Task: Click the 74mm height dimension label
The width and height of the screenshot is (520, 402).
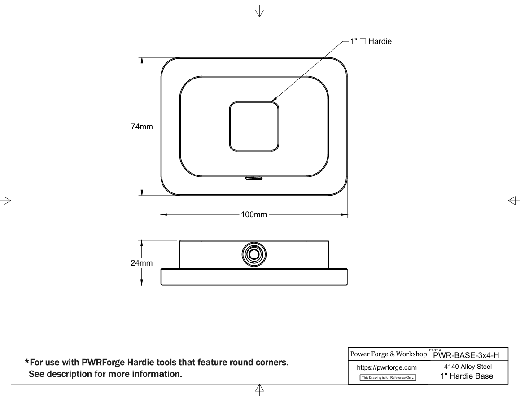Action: pos(142,127)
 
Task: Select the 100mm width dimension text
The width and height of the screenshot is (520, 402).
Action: pos(254,214)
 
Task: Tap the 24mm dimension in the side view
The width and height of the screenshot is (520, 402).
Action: pos(142,263)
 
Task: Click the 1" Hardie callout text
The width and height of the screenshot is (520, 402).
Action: pos(371,41)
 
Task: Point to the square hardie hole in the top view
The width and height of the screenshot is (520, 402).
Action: pos(254,102)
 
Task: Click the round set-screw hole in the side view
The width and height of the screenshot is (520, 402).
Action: pos(254,254)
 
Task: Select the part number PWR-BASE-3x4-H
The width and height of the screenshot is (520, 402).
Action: pos(466,356)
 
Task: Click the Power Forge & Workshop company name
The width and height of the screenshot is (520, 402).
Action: pos(389,354)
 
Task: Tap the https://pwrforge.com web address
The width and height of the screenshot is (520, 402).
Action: pos(387,367)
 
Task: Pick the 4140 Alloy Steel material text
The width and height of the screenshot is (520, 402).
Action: pos(468,367)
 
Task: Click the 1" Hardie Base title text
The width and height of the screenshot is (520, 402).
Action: pos(467,376)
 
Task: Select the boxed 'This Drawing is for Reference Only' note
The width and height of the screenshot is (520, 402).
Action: pos(388,377)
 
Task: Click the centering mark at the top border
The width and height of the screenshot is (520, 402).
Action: pos(259,12)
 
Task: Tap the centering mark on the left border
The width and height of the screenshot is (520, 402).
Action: pos(7,201)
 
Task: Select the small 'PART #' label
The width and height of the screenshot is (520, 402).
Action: pos(435,350)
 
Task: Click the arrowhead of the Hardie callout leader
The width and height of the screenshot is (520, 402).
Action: pos(274,100)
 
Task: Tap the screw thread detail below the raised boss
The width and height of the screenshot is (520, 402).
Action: pos(254,179)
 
